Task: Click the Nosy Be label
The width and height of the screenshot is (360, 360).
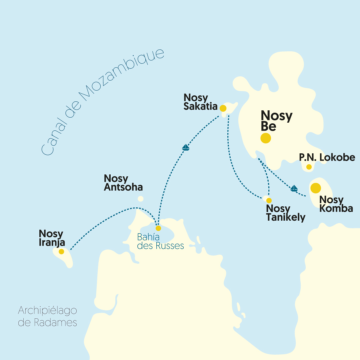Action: tap(276, 121)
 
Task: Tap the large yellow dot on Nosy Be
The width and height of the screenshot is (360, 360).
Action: tap(266, 138)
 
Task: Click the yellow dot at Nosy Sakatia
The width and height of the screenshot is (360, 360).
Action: tap(223, 108)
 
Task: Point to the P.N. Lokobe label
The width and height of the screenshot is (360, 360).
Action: tap(327, 157)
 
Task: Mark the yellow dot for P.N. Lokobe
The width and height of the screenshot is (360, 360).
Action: tap(309, 167)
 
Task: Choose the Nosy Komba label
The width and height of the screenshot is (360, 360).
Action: tap(336, 204)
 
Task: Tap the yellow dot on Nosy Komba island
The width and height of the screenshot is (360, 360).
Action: tap(316, 188)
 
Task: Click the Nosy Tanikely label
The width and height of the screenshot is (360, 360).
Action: tap(286, 213)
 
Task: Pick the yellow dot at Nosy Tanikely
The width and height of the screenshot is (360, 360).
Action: tap(269, 200)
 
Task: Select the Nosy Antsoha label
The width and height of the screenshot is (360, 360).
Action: tap(123, 183)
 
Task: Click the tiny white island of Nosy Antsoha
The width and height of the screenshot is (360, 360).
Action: tap(141, 199)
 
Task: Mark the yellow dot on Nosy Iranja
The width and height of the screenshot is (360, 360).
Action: tap(61, 252)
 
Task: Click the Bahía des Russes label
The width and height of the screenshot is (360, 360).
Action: tap(160, 242)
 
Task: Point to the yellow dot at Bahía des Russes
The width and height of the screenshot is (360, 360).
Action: tap(158, 228)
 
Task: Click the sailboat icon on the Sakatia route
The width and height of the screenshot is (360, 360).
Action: tap(186, 147)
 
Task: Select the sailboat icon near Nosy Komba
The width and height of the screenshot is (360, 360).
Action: tap(294, 188)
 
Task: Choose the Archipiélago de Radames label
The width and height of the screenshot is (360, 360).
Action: tap(47, 317)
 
